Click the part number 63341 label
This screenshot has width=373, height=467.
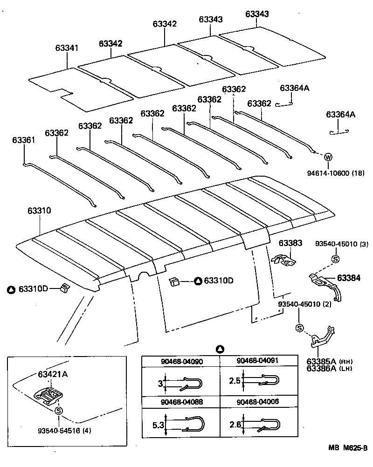pos(67,48)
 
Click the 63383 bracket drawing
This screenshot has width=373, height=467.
pos(284,260)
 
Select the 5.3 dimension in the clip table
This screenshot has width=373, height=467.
pos(159,425)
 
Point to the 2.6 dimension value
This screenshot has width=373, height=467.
pos(235,425)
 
